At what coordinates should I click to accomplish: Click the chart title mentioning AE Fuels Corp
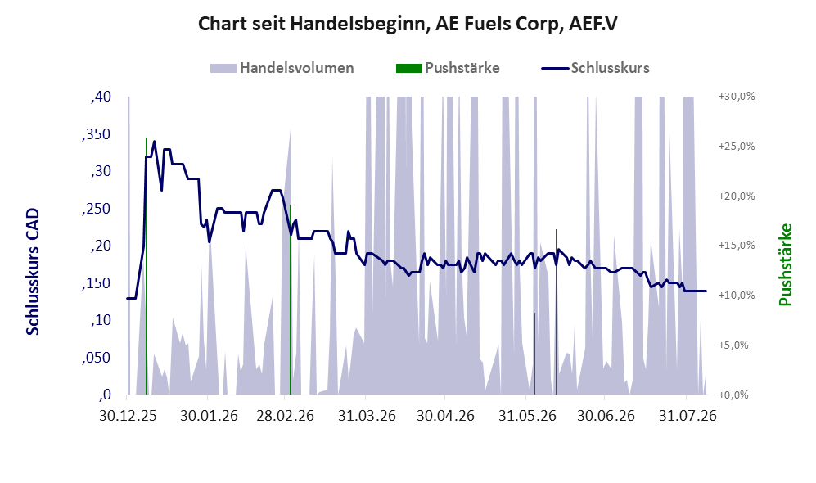point(408,24)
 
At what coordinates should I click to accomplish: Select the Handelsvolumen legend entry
point(282,68)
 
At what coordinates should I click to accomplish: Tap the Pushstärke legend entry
point(448,68)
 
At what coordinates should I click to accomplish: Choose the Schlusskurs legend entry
point(595,68)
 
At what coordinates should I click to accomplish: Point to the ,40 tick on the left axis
point(101,97)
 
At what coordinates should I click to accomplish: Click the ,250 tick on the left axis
point(97,209)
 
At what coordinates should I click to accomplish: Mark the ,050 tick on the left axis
point(97,358)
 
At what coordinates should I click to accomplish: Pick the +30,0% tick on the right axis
point(737,97)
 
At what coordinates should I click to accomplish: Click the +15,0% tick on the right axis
point(737,246)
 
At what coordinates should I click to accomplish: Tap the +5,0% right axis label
point(733,345)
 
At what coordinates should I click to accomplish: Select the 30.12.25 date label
point(128,417)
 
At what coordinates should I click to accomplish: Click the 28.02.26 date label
point(285,417)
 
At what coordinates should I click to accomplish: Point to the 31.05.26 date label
point(527,417)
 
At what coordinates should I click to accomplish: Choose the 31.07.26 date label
point(688,417)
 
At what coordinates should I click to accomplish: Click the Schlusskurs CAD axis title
point(33,272)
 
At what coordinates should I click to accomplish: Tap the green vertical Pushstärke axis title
point(785,265)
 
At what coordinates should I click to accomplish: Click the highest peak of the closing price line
point(154,141)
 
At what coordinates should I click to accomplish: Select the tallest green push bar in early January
point(146,266)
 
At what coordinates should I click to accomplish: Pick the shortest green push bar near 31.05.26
point(534,354)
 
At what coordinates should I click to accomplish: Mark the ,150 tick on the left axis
point(97,283)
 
